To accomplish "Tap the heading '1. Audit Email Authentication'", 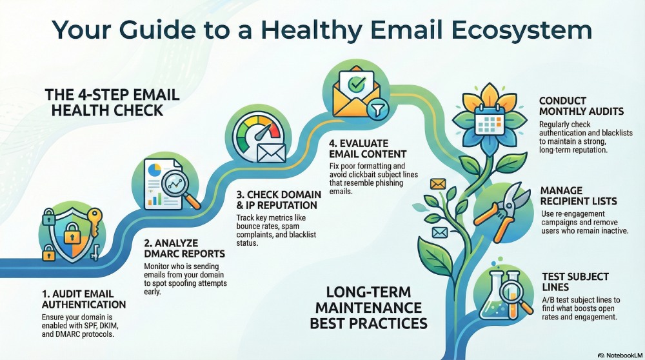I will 84,298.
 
